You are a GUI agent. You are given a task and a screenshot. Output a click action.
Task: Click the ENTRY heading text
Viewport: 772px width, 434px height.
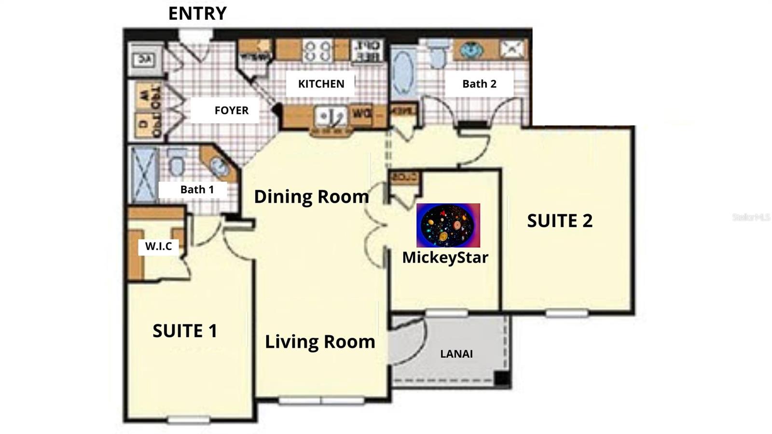197,14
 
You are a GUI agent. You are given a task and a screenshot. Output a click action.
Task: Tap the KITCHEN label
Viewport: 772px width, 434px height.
321,84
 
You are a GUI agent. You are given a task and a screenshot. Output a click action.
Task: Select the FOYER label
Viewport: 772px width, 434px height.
232,111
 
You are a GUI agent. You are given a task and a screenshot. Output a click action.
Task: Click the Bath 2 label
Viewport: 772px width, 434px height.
479,84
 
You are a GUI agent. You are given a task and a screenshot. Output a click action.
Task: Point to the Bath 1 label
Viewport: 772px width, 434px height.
197,190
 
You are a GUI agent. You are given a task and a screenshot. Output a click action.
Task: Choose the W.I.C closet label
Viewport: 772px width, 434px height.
158,247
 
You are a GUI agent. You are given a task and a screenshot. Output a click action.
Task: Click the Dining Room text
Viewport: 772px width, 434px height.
311,196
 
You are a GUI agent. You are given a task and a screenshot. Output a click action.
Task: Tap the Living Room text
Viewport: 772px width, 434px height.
320,342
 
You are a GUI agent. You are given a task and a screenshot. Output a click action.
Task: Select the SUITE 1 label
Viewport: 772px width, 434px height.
185,331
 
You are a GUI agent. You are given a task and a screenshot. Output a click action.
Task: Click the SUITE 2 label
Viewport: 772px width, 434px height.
559,221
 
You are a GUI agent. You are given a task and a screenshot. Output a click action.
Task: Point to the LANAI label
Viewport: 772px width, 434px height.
456,354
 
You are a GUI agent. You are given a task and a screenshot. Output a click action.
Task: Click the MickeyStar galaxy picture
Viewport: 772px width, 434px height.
448,225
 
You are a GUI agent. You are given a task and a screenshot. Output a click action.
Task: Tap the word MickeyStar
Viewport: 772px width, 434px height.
445,257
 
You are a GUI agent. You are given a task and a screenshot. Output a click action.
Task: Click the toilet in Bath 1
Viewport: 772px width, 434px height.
177,163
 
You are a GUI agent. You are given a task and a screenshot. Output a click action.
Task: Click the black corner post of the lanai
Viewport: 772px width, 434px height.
502,379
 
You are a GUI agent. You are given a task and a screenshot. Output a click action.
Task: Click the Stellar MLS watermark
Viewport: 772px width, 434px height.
750,217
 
